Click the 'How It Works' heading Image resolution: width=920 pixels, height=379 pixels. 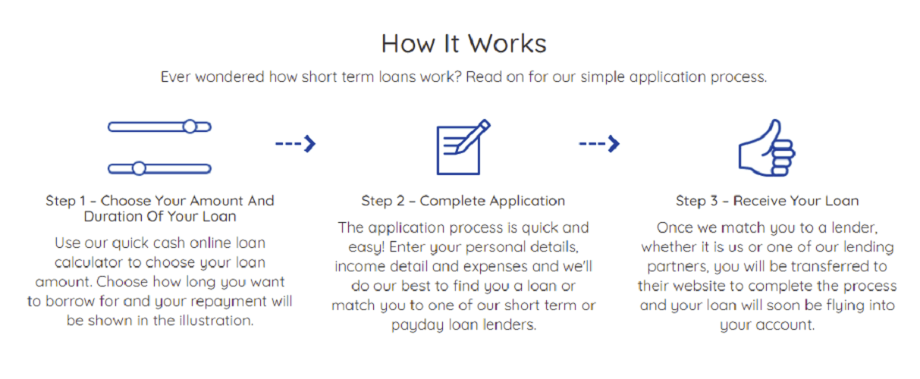coord(463,43)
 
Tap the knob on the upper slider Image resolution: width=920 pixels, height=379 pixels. coord(190,127)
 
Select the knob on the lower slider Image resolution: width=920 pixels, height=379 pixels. coord(139,168)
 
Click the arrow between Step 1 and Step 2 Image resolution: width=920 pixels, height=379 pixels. coord(295,144)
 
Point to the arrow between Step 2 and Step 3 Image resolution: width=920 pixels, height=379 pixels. coord(599,144)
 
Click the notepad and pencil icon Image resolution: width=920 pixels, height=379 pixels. coord(463,147)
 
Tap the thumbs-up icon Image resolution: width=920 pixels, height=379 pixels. coord(767,148)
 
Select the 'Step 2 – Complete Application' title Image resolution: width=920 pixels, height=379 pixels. coord(463,201)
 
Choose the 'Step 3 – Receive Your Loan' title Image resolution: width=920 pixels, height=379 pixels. coord(768,201)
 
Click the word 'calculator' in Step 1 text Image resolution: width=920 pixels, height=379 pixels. coord(89,262)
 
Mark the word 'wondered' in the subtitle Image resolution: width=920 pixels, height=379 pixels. coord(230,77)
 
